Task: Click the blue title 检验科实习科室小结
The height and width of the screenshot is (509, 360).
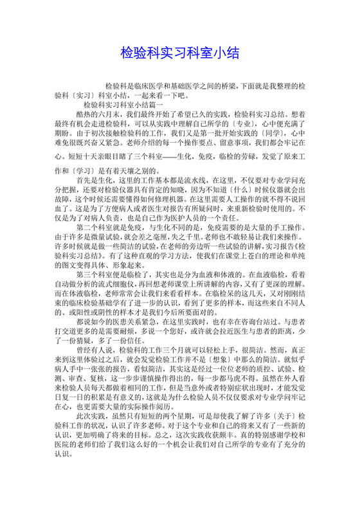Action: click(179, 53)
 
